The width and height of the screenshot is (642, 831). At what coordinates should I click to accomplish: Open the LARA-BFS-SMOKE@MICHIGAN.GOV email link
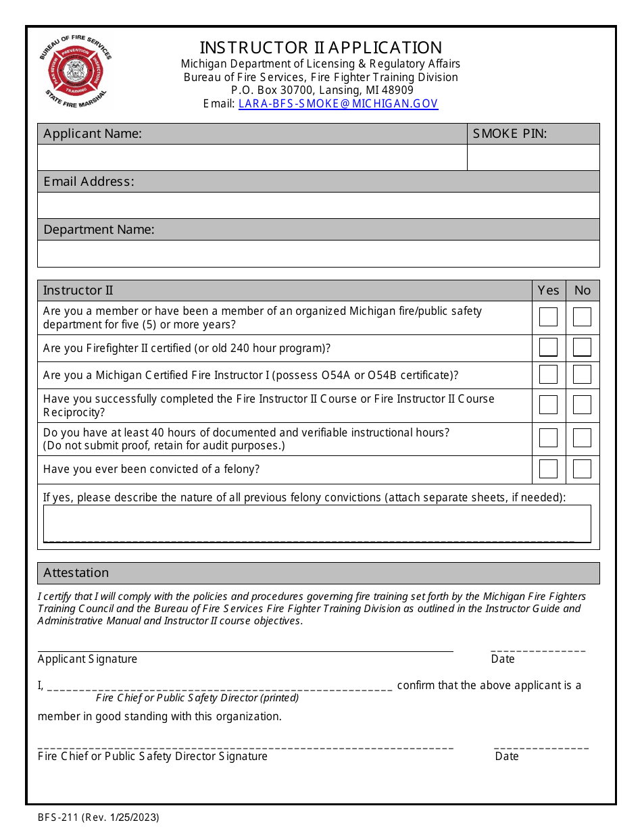pyautogui.click(x=338, y=104)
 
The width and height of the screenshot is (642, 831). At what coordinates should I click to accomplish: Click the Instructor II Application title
pyautogui.click(x=320, y=47)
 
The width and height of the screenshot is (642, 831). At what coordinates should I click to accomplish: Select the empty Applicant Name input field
pyautogui.click(x=251, y=157)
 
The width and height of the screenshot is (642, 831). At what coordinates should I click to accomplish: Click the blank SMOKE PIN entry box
pyautogui.click(x=533, y=157)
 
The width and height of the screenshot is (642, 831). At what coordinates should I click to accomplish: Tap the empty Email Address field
pyautogui.click(x=318, y=205)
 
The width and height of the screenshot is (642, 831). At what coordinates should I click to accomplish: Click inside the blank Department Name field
pyautogui.click(x=318, y=253)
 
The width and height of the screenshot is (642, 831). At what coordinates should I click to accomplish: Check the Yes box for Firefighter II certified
pyautogui.click(x=548, y=347)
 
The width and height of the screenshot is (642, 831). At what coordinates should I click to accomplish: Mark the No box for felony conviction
pyautogui.click(x=582, y=469)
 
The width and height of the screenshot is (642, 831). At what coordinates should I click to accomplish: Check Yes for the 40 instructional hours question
pyautogui.click(x=548, y=438)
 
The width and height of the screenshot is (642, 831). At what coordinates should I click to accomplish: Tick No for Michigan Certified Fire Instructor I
pyautogui.click(x=582, y=374)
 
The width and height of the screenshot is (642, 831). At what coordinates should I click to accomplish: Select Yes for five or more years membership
pyautogui.click(x=548, y=317)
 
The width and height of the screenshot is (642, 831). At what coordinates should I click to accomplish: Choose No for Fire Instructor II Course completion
pyautogui.click(x=582, y=405)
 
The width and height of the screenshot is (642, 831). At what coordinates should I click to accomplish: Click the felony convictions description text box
pyautogui.click(x=316, y=523)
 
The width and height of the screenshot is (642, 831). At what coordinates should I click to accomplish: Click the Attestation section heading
pyautogui.click(x=76, y=573)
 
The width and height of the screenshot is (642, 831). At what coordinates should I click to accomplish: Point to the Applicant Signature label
pyautogui.click(x=87, y=659)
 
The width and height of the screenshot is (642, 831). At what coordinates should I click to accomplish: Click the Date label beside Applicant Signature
pyautogui.click(x=503, y=659)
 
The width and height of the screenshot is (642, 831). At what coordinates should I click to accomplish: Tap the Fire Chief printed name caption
pyautogui.click(x=197, y=698)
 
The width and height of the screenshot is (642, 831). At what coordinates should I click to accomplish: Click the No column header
pyautogui.click(x=582, y=291)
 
